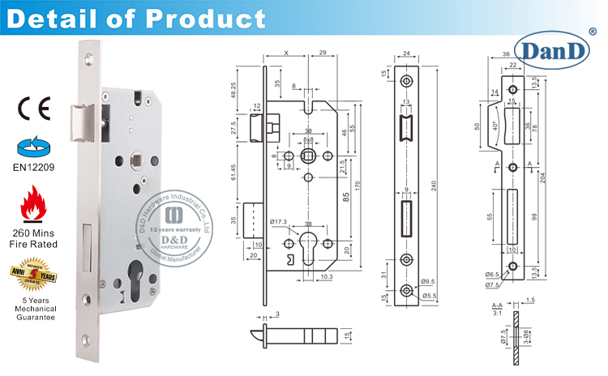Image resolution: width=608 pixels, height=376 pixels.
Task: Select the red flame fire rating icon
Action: [32, 203]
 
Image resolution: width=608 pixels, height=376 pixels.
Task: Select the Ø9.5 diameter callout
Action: [427, 282]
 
